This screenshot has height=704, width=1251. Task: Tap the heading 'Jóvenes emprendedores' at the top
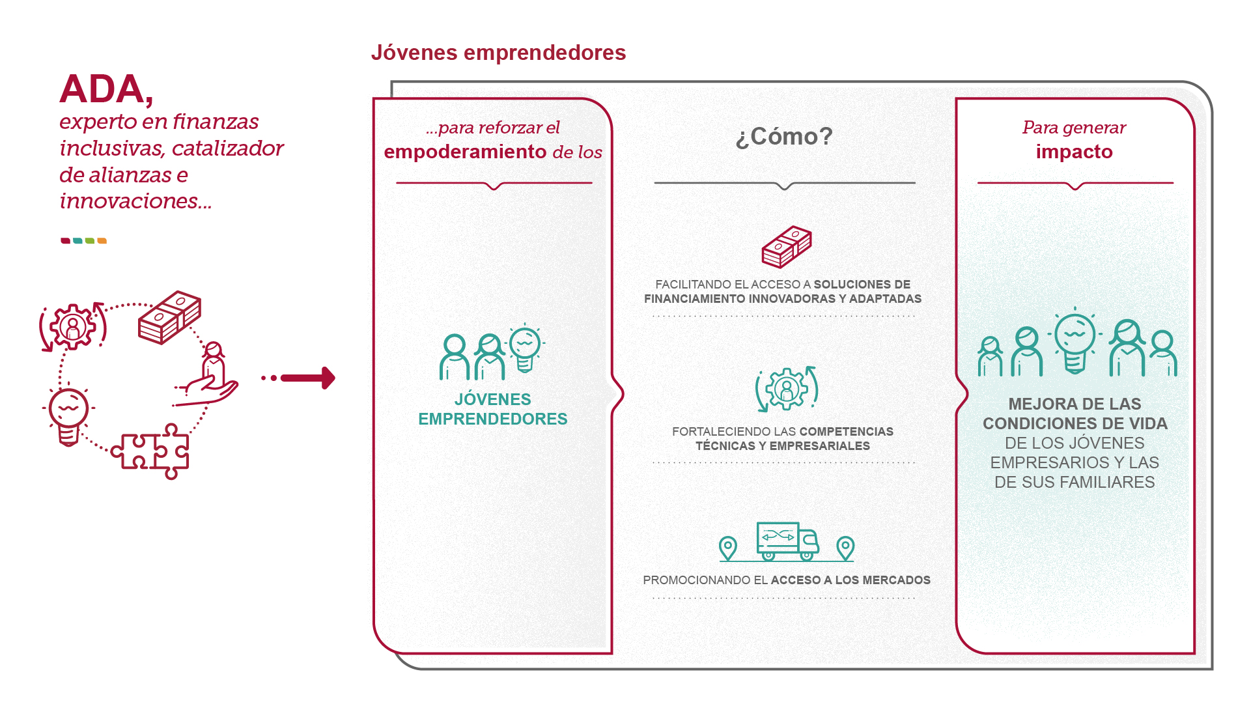(x=498, y=53)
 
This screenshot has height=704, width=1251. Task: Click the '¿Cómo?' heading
(x=784, y=136)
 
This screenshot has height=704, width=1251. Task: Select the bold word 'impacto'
(x=1074, y=152)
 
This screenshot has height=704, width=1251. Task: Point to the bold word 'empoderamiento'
(x=465, y=152)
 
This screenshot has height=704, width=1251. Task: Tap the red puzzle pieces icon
(x=151, y=451)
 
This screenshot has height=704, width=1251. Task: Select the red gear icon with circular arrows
(x=72, y=326)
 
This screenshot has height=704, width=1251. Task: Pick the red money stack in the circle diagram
(x=169, y=317)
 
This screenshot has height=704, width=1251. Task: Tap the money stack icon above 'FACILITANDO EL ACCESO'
(x=787, y=247)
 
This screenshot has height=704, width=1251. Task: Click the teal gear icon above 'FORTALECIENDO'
(x=787, y=389)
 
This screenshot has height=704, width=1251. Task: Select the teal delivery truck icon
(x=787, y=541)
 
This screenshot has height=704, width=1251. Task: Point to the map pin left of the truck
(x=728, y=548)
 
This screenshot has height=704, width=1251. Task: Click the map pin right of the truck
(x=845, y=548)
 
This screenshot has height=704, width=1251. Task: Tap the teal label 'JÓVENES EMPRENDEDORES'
(x=492, y=409)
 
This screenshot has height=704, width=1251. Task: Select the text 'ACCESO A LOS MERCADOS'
(x=850, y=580)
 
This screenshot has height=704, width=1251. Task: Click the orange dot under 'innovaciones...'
(x=102, y=241)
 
